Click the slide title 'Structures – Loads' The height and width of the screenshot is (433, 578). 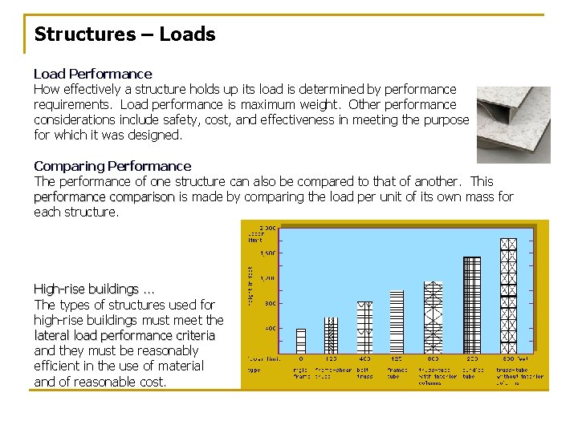pyautogui.click(x=124, y=34)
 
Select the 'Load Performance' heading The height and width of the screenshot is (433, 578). pyautogui.click(x=92, y=74)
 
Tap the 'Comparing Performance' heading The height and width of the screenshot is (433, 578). pyautogui.click(x=112, y=166)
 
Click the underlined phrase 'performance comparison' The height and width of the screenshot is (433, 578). pyautogui.click(x=104, y=196)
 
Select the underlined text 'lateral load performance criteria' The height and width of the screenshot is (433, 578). pyautogui.click(x=124, y=335)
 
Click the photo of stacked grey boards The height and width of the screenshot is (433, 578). pyautogui.click(x=513, y=124)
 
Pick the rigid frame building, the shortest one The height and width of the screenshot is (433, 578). pyautogui.click(x=301, y=341)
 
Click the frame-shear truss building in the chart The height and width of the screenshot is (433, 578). pyautogui.click(x=330, y=335)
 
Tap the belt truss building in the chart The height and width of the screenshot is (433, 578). pyautogui.click(x=364, y=328)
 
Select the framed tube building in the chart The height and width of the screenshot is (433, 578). pyautogui.click(x=395, y=322)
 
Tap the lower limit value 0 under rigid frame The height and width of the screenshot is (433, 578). pyautogui.click(x=300, y=358)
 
